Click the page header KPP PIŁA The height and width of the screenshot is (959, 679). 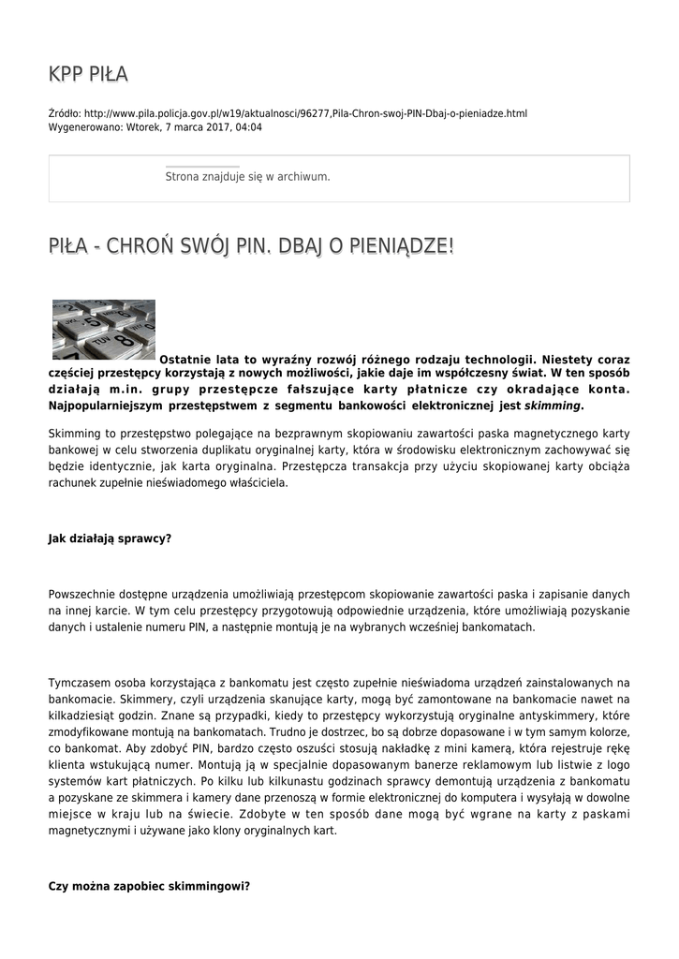[88, 75]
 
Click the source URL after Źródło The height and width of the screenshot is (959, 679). [305, 113]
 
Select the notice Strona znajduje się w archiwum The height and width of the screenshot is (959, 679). [247, 176]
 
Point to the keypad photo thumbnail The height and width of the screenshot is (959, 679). [103, 330]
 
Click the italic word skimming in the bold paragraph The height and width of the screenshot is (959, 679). [553, 406]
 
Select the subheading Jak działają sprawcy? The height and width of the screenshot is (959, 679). [110, 539]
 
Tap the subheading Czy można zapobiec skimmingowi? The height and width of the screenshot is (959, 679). [149, 885]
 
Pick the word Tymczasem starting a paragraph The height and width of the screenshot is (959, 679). [80, 683]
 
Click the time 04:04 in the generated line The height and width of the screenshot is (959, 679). [248, 126]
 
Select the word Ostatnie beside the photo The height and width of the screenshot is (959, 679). [185, 359]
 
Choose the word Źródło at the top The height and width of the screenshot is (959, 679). [65, 113]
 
